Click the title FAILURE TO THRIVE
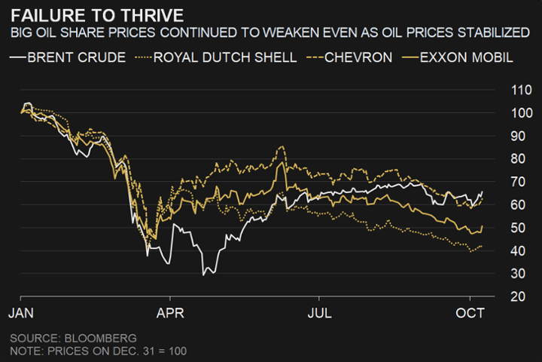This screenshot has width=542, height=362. pyautogui.click(x=91, y=15)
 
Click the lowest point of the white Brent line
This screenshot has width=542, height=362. pyautogui.click(x=203, y=275)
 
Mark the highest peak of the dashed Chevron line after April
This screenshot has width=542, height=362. pyautogui.click(x=282, y=147)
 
